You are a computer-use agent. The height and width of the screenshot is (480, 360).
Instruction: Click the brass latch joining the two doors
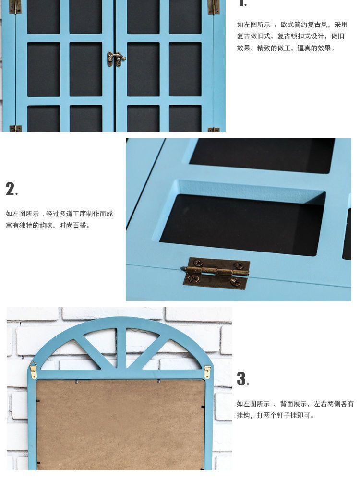pyautogui.click(x=116, y=59)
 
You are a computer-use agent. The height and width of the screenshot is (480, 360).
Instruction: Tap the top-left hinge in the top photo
pyautogui.click(x=15, y=6)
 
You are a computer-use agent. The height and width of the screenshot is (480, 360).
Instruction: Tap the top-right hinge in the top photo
pyautogui.click(x=214, y=6)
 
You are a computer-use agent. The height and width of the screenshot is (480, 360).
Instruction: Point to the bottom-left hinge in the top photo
pyautogui.click(x=15, y=128)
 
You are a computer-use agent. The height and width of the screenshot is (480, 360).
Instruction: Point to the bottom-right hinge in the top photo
pyautogui.click(x=214, y=129)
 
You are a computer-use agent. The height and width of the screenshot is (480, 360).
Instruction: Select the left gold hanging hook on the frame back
pyautogui.click(x=33, y=370)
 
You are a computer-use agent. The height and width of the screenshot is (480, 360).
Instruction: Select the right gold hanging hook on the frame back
pyautogui.click(x=207, y=372)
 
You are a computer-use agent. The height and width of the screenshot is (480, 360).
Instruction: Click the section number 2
pyautogui.click(x=11, y=189)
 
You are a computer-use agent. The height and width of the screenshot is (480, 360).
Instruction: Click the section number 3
pyautogui.click(x=242, y=379)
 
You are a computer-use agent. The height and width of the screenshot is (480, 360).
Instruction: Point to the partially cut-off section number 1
pyautogui.click(x=242, y=3)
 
